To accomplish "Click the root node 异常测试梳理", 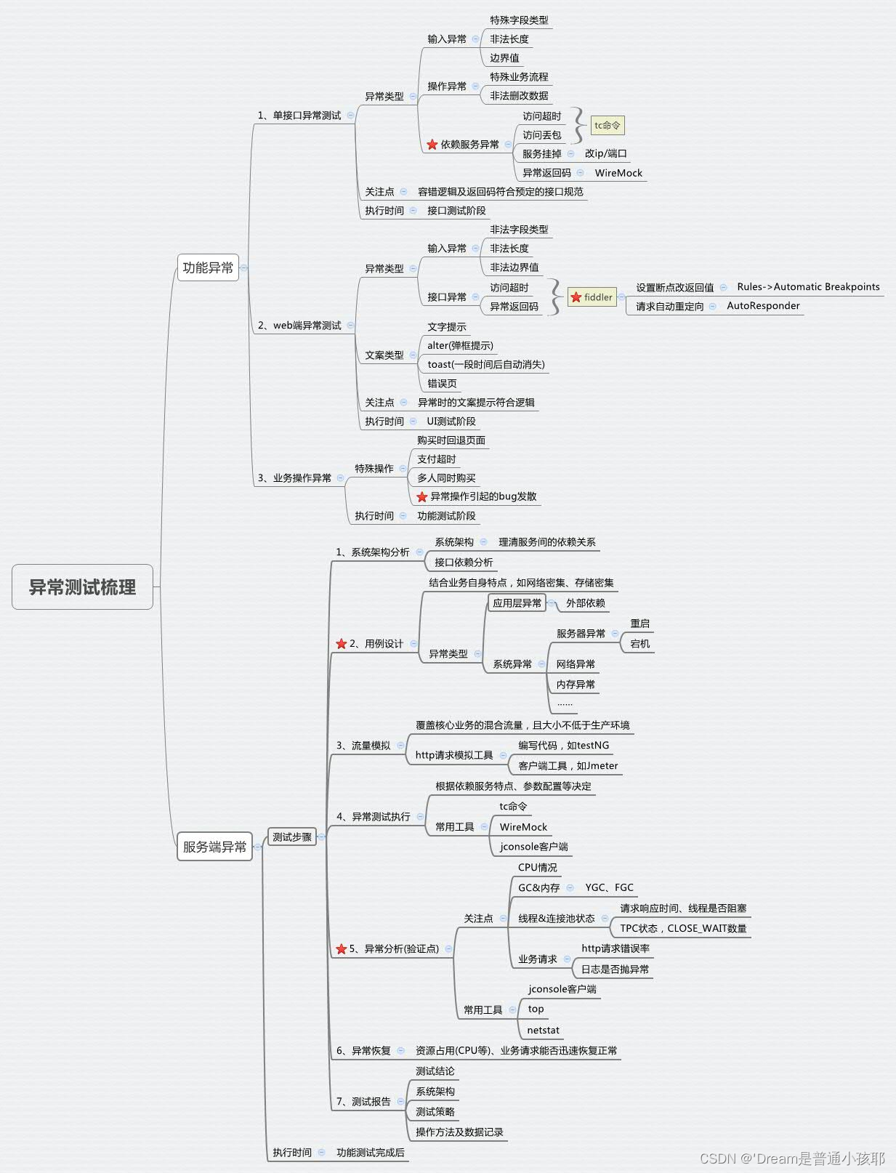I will click(82, 586).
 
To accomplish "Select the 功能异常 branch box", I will click(208, 267).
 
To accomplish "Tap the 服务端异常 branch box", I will click(214, 847).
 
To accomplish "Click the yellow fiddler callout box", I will click(592, 297).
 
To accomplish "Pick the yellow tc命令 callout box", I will click(607, 125).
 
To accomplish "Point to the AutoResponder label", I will click(763, 306).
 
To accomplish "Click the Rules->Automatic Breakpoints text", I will click(808, 287).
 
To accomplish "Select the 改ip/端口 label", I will click(605, 153).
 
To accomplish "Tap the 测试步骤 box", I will click(291, 837).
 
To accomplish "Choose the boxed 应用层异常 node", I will click(517, 602).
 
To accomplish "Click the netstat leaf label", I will click(543, 1030).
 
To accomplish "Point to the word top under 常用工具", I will click(536, 1009).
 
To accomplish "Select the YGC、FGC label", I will click(609, 887).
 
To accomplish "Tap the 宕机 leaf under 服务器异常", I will click(639, 643).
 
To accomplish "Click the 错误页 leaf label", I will click(442, 383).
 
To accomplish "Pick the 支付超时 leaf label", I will click(436, 459).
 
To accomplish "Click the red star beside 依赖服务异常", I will click(432, 145).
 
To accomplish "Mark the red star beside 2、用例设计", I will click(341, 644).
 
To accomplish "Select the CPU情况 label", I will click(537, 867).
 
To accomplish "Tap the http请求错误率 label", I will click(616, 948).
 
